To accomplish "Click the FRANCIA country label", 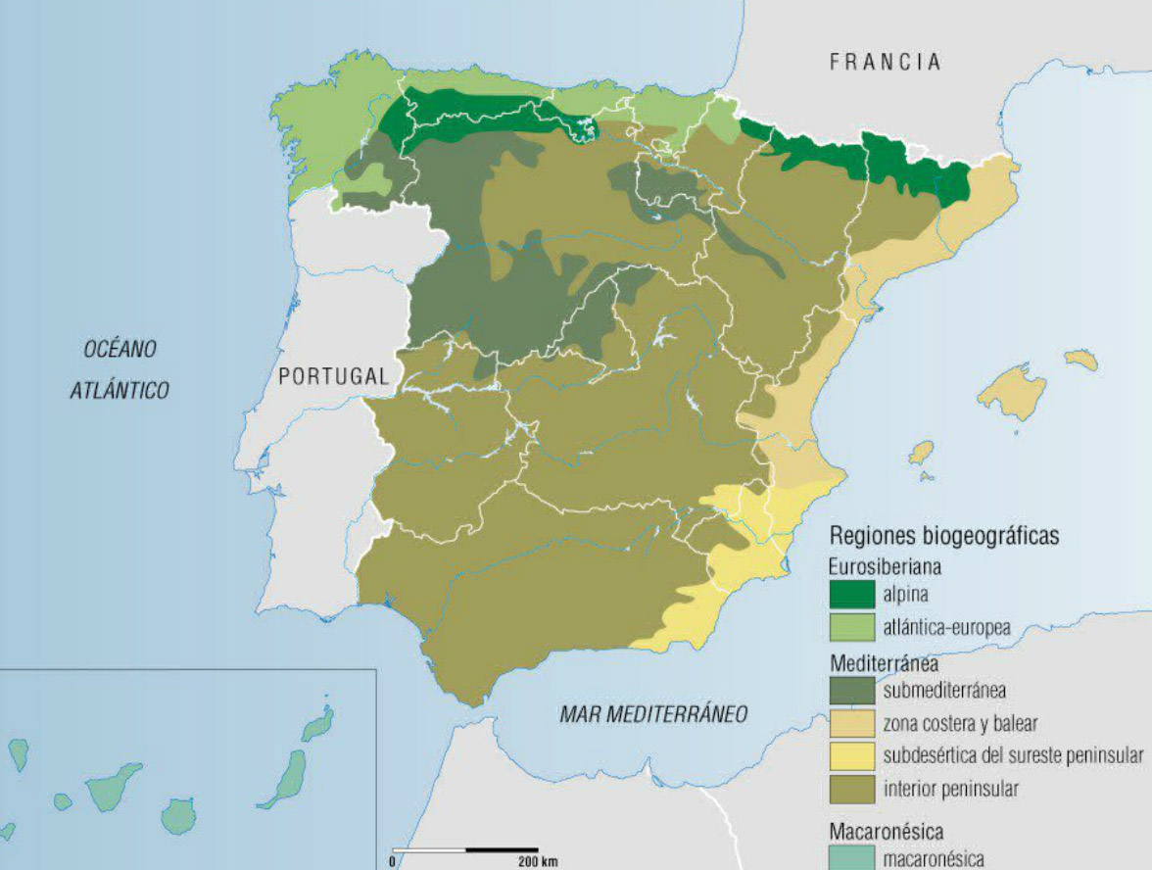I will point(885,62).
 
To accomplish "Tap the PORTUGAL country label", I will point(333,376).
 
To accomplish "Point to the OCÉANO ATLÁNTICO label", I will point(120,369).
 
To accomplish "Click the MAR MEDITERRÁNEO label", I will point(652,713).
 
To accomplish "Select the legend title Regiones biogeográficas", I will point(943,537).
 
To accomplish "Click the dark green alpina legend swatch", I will point(852,594).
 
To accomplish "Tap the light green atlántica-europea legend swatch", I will point(852,627).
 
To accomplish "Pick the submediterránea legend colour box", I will point(852,690).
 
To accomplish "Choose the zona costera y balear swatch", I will point(852,723).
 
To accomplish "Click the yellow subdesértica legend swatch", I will point(852,756).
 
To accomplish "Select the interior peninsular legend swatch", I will point(852,789).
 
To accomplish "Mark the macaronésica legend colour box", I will point(852,859).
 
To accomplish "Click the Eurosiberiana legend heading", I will point(885,566).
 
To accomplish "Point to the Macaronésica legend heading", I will point(886,832).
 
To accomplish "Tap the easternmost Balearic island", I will point(1081,360).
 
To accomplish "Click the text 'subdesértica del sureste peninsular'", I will point(1013,756).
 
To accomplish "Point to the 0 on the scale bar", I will point(393,862).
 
